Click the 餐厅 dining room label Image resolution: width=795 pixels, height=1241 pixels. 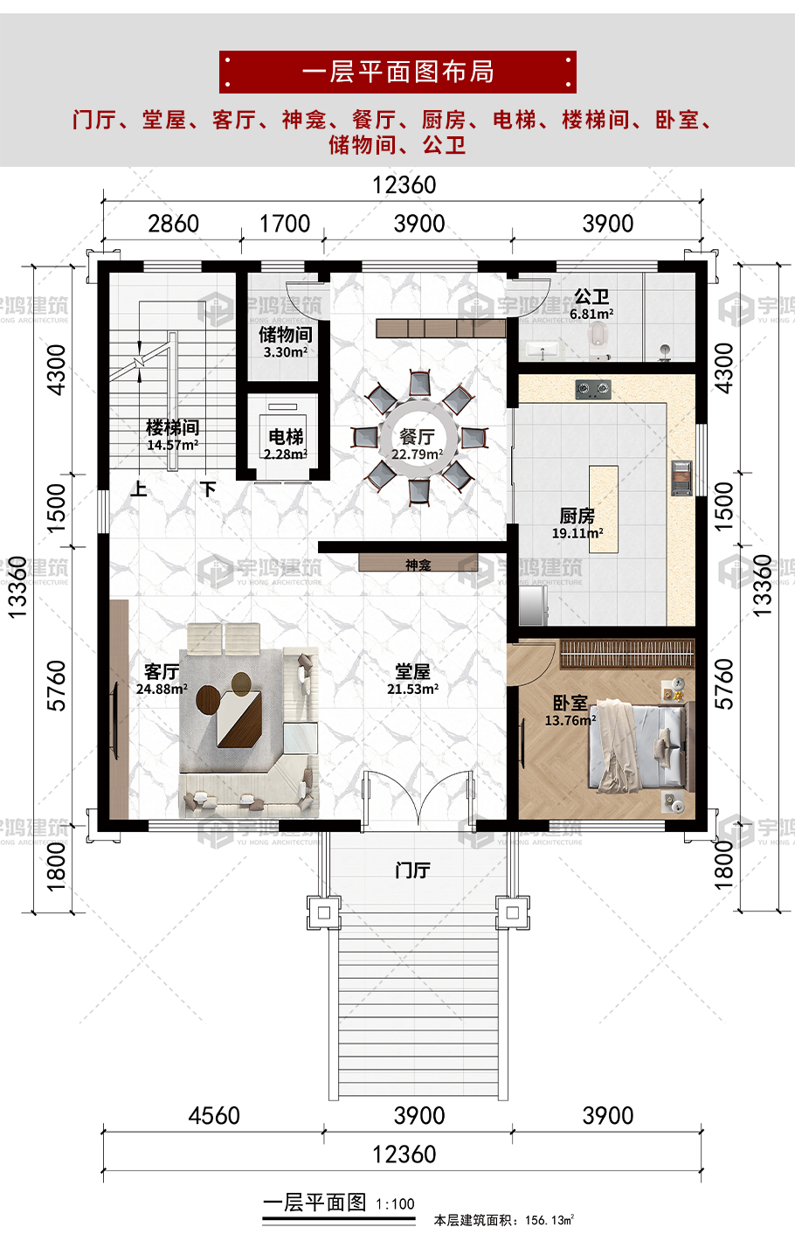point(418,437)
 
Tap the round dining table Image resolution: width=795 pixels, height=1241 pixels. point(418,438)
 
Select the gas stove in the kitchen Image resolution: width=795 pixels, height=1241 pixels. point(593,389)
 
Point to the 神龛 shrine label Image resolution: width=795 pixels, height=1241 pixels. point(418,565)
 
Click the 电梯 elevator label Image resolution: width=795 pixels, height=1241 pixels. point(286,437)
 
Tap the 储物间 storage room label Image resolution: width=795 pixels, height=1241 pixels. point(286,335)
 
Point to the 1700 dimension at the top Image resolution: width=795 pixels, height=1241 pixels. point(285,224)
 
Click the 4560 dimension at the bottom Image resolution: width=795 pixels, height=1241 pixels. point(214,1115)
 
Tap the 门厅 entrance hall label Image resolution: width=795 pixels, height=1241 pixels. point(412,870)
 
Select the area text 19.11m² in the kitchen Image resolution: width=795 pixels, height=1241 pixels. point(577,533)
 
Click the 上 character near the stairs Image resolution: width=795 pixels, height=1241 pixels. point(139,489)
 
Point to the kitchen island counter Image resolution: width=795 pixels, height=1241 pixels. point(604,509)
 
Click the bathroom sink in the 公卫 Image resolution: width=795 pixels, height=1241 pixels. point(543,350)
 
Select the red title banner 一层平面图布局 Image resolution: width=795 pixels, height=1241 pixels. point(397,72)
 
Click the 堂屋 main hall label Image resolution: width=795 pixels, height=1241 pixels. point(412,671)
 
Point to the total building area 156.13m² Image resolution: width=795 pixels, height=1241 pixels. point(550,1220)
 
